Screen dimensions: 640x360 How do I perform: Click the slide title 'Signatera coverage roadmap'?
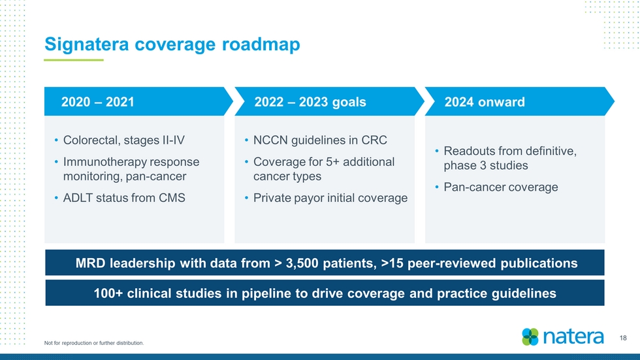point(172,44)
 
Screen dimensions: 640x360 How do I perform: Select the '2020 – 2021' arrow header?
point(138,101)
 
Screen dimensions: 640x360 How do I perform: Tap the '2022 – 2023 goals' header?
point(310,102)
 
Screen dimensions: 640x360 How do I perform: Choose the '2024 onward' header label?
point(485,102)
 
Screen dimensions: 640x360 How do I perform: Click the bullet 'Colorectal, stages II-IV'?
point(123,140)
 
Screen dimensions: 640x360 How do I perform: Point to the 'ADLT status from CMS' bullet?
point(124,197)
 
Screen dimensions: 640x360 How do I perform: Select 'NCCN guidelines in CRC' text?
point(320,140)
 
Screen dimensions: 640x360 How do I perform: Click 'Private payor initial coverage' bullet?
point(330,197)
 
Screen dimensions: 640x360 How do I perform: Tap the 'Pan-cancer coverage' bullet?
point(501,187)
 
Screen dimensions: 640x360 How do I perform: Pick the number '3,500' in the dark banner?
point(302,263)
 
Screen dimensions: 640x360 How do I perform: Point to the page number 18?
point(623,338)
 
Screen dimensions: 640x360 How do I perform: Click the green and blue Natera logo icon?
point(530,336)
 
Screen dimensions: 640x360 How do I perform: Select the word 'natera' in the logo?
point(573,336)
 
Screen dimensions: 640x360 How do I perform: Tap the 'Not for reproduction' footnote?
point(94,343)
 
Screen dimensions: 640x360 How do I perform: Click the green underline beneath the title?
point(74,60)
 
